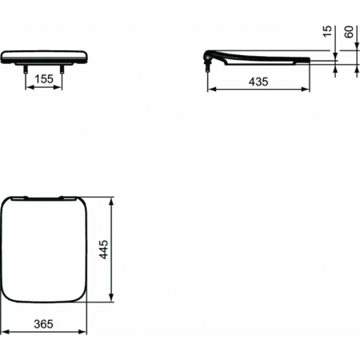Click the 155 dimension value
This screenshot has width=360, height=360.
[x=44, y=80]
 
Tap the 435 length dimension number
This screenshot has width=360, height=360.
[x=257, y=81]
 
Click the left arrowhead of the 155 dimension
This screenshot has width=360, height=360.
[x=30, y=88]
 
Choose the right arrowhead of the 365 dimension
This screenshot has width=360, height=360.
[x=85, y=329]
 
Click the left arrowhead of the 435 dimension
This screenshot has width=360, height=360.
[x=210, y=89]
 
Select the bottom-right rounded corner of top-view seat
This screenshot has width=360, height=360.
[x=81, y=298]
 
